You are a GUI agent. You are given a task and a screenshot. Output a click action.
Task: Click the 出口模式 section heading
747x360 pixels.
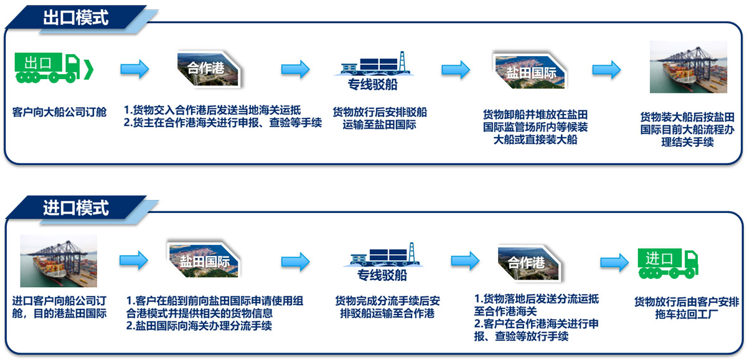[x=76, y=17]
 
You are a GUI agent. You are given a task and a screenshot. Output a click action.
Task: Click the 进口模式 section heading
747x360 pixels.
[x=76, y=207]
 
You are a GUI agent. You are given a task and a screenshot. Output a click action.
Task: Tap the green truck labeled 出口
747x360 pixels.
[x=54, y=68]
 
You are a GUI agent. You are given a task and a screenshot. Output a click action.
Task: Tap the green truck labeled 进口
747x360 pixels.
[x=668, y=263]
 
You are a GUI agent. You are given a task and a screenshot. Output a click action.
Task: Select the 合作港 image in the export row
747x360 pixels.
[x=209, y=69]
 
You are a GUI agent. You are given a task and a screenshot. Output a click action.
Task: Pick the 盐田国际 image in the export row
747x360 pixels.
[x=530, y=71]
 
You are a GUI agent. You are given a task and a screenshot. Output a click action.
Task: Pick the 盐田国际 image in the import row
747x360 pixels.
[x=204, y=260]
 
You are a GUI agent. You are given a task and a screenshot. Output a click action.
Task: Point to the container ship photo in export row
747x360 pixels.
[x=688, y=67]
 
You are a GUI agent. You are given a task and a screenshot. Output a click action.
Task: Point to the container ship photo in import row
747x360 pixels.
[x=59, y=260]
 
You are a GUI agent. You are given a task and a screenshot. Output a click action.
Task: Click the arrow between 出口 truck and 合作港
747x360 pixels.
[x=134, y=69]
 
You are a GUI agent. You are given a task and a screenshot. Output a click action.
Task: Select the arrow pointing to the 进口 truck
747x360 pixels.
[x=614, y=263]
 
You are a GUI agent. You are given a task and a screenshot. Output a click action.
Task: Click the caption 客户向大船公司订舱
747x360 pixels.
[x=59, y=112]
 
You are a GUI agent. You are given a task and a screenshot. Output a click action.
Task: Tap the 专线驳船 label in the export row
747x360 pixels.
[x=372, y=85]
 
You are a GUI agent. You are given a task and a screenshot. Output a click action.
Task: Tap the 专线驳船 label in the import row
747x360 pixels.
[x=382, y=275]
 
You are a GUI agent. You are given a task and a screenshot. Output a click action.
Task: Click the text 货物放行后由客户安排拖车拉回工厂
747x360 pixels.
[x=687, y=308]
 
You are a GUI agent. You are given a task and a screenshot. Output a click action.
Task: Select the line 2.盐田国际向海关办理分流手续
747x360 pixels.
[x=199, y=326]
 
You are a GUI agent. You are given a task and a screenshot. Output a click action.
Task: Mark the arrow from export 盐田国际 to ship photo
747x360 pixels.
[x=606, y=69]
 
